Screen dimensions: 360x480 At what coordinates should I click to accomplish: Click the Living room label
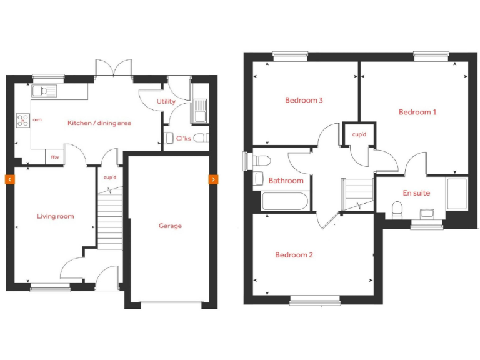55,216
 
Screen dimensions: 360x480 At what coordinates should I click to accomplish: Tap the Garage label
170,226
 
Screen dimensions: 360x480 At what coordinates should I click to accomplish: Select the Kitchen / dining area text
99,123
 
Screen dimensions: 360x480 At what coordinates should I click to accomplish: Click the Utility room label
166,101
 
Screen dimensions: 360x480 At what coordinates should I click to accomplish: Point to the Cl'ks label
183,138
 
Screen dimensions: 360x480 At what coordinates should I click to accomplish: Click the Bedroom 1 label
417,112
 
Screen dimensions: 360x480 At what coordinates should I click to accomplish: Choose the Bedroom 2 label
294,255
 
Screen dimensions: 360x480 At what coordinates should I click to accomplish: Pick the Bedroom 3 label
304,100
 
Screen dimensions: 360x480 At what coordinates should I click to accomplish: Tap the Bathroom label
286,181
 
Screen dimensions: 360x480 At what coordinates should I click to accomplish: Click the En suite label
416,193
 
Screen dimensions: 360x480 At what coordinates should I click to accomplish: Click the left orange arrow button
9,179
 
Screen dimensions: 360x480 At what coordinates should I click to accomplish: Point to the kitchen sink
44,91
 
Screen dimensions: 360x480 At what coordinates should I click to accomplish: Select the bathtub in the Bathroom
284,201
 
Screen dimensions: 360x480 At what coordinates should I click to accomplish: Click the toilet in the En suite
397,209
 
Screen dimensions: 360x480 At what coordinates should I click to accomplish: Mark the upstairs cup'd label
359,134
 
